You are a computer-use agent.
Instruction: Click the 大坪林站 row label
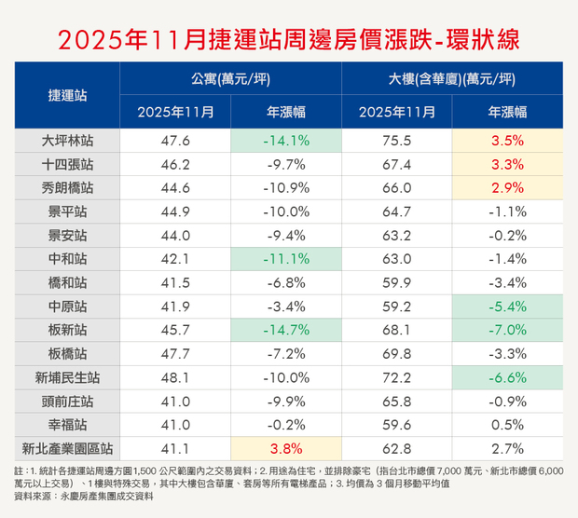pyautogui.click(x=67, y=141)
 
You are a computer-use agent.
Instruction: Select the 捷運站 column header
pyautogui.click(x=67, y=95)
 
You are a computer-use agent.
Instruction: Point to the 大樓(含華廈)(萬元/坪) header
pyautogui.click(x=452, y=79)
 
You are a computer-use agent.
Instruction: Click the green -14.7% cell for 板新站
pyautogui.click(x=286, y=330)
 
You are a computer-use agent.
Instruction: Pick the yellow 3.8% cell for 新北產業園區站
pyautogui.click(x=286, y=447)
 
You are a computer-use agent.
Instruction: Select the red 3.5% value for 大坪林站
pyautogui.click(x=507, y=141)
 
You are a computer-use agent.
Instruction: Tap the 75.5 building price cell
pyautogui.click(x=397, y=141)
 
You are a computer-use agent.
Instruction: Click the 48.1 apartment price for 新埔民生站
pyautogui.click(x=175, y=376)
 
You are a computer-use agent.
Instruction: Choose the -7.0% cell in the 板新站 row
pyautogui.click(x=507, y=330)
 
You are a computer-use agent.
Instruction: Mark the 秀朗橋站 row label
pyautogui.click(x=67, y=187)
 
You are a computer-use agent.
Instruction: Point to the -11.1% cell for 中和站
pyautogui.click(x=286, y=258)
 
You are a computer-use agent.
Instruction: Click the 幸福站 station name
pyautogui.click(x=67, y=424)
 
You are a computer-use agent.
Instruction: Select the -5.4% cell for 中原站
pyautogui.click(x=507, y=306)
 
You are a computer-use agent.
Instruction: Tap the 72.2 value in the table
pyautogui.click(x=397, y=376)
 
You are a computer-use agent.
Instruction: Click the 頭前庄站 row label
pyautogui.click(x=67, y=401)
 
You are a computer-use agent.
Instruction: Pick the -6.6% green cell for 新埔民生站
pyautogui.click(x=507, y=376)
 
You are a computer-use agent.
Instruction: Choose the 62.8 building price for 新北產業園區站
pyautogui.click(x=397, y=447)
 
